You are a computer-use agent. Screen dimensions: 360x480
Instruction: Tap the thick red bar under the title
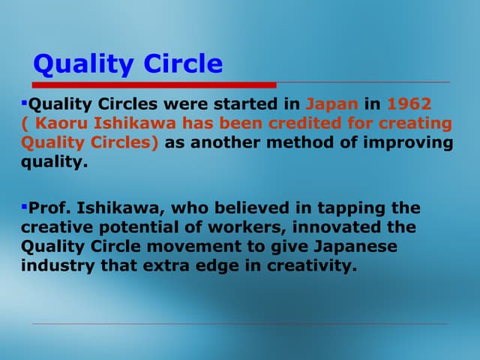pos(154,84)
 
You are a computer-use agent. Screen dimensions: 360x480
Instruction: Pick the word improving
pos(409,142)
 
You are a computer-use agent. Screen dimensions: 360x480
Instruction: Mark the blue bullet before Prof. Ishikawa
pos(24,205)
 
